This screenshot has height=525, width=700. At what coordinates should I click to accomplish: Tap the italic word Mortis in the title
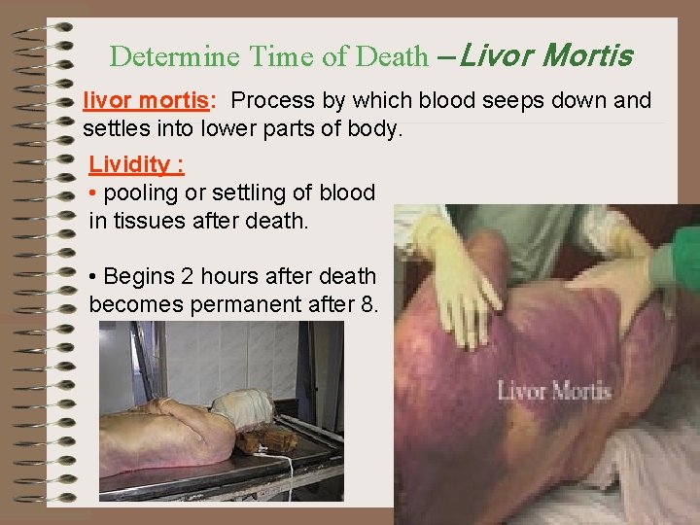(586, 55)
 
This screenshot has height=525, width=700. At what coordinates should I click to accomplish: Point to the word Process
(272, 101)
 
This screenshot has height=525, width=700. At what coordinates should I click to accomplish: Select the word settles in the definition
(116, 127)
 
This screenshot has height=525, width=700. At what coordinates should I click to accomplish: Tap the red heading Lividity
(128, 164)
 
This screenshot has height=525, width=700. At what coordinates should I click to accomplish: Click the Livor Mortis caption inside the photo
(554, 392)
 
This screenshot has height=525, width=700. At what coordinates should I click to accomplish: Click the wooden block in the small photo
(267, 441)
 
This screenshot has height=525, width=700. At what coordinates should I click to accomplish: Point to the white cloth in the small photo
(244, 408)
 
